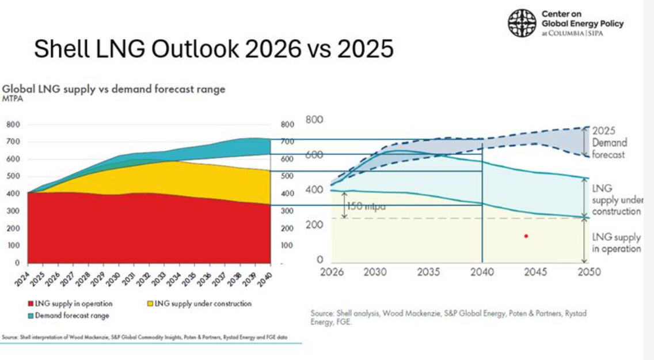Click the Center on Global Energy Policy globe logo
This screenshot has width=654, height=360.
[x=522, y=23]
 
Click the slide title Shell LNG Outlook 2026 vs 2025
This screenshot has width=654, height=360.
[x=214, y=49]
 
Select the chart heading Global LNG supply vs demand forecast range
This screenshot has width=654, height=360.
[x=114, y=89]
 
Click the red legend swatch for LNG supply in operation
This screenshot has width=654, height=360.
[x=30, y=304]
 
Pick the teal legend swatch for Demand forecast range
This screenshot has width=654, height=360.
[x=30, y=316]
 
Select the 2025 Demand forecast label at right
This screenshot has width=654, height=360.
[x=609, y=142]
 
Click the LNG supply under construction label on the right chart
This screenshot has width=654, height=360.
[x=616, y=200]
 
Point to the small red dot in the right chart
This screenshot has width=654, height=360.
[x=526, y=236]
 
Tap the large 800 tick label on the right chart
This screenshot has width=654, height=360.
[x=314, y=120]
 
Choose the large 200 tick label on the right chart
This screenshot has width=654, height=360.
[x=314, y=225]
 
